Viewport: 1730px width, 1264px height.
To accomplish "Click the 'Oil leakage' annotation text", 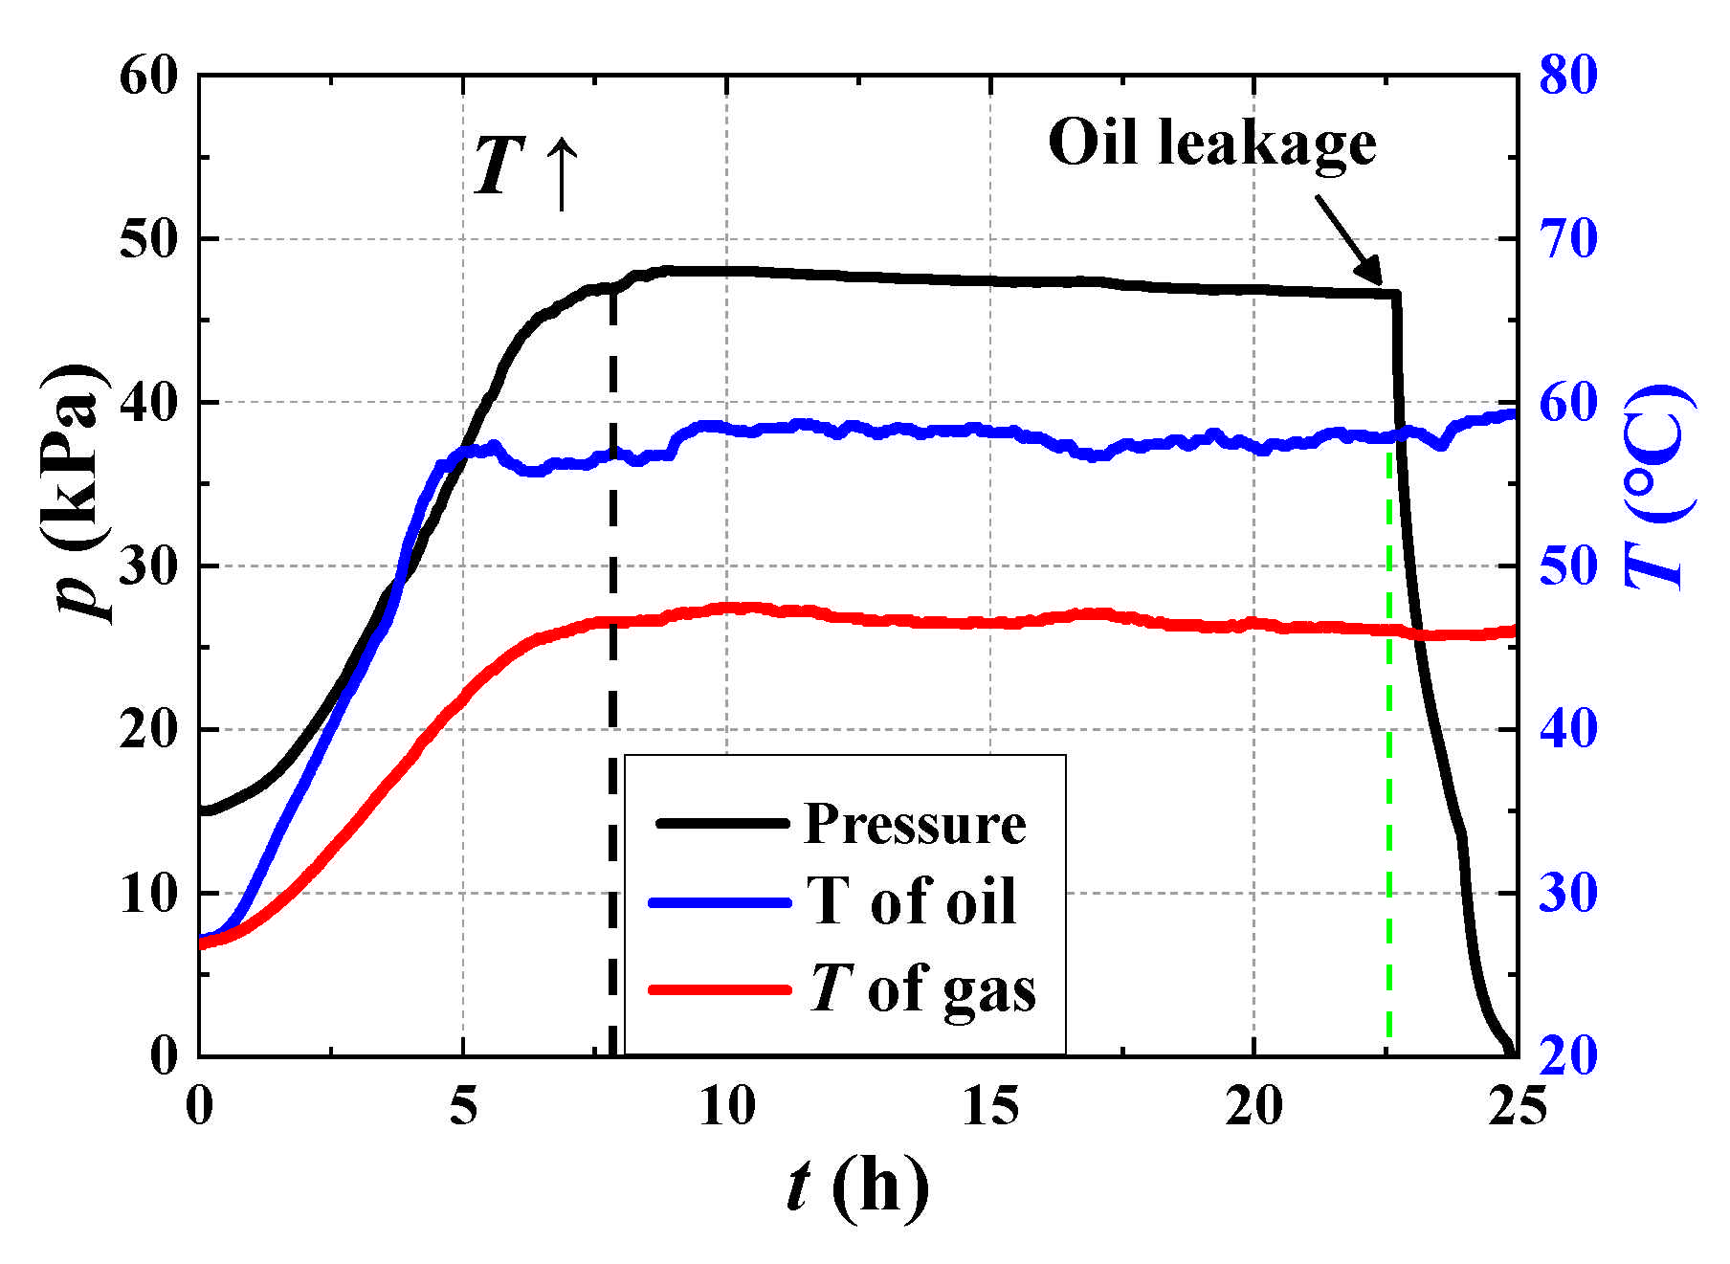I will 1211,144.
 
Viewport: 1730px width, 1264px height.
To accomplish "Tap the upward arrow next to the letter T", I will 562,172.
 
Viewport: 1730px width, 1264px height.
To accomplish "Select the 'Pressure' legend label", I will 915,823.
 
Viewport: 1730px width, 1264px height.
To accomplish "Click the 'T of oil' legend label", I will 911,901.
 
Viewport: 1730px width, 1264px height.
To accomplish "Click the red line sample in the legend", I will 720,988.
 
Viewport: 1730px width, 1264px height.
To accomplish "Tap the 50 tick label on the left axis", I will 149,239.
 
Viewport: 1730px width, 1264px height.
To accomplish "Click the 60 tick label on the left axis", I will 149,76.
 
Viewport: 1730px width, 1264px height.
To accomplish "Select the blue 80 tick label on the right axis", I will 1568,76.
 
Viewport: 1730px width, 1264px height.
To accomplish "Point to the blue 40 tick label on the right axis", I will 1568,729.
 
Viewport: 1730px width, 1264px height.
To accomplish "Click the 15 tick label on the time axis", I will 990,1107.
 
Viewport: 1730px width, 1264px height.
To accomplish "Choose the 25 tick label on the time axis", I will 1518,1107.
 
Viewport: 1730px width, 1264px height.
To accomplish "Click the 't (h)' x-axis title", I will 857,1186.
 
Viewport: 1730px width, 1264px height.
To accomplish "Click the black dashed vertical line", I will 612,670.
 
